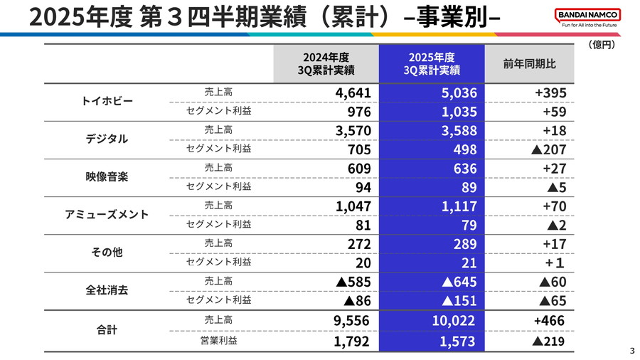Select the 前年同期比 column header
pos(529,64)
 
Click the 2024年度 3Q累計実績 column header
pos(326,64)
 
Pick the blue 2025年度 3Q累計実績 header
pos(432,64)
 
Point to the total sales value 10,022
pos(454,321)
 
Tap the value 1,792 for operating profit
pos(351,341)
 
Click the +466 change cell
pos(550,321)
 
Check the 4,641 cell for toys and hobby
pos(353,93)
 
